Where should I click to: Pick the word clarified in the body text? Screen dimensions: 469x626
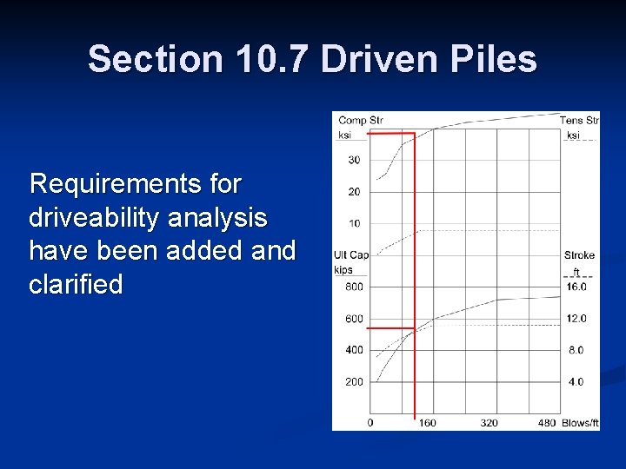76,284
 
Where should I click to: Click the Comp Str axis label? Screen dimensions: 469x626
361,121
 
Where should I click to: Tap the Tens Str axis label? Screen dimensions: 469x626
578,121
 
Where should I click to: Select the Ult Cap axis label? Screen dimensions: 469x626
351,255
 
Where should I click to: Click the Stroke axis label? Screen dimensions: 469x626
579,255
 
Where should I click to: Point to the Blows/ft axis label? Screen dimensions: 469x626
580,423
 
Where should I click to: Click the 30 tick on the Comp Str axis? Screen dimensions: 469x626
354,160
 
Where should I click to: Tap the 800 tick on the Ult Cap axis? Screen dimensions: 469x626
354,287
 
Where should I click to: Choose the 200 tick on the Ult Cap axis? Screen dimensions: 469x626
354,382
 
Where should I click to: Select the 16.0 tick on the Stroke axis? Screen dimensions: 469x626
576,287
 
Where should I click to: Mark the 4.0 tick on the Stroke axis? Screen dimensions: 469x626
576,382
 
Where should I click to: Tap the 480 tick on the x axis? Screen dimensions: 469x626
546,423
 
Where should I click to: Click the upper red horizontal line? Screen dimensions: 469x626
391,134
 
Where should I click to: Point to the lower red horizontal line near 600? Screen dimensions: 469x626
391,329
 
